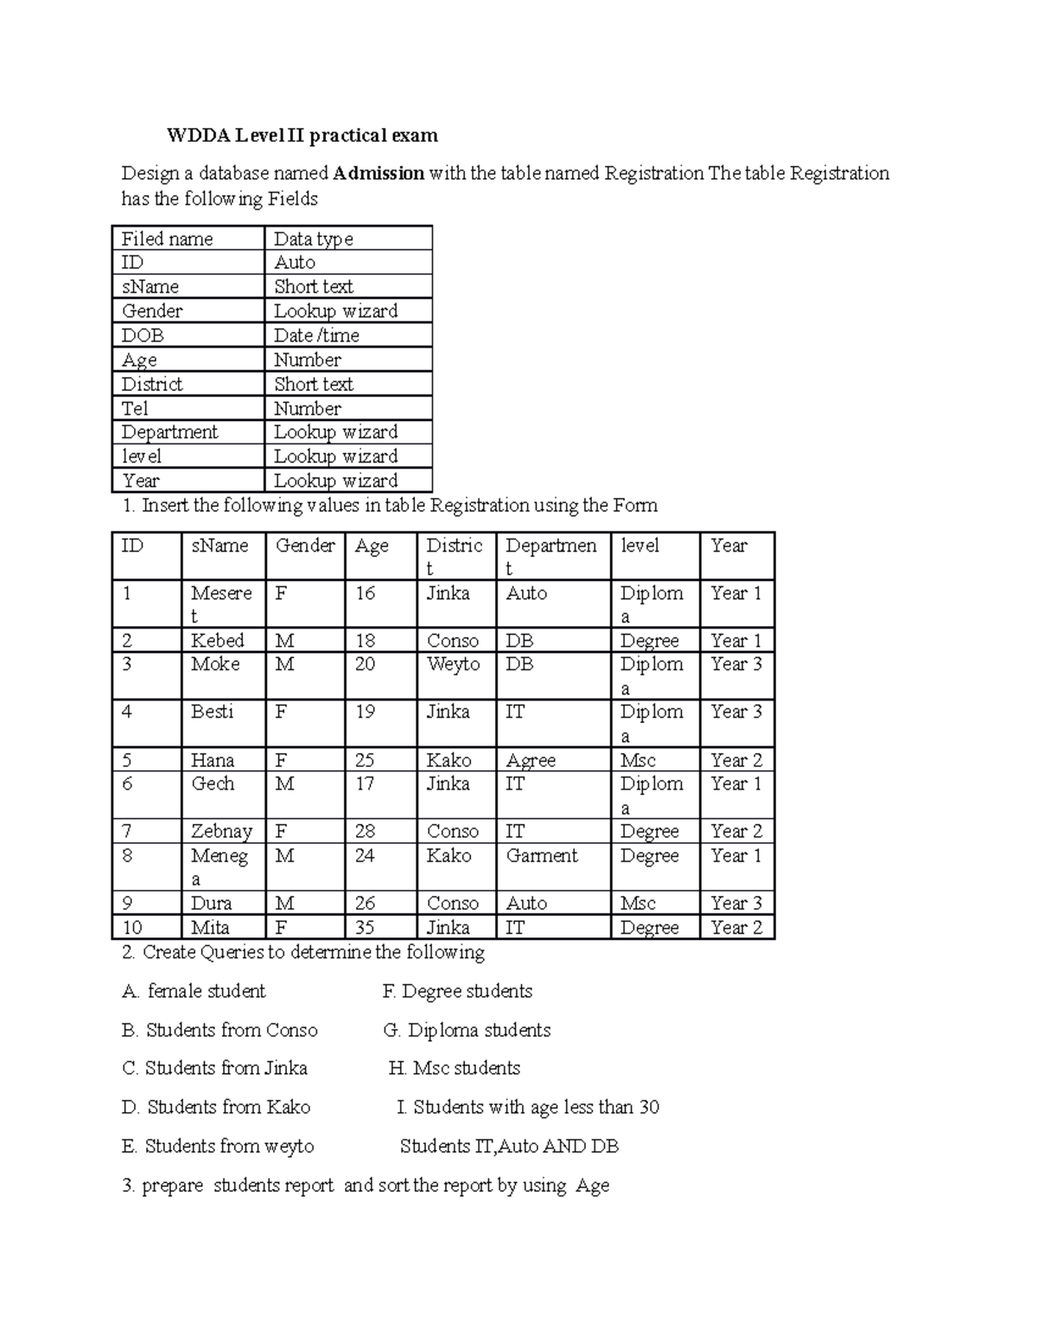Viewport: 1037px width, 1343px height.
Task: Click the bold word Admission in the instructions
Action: pos(379,173)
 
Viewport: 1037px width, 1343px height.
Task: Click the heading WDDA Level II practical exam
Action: pos(302,136)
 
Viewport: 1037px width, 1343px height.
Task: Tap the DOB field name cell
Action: pos(143,336)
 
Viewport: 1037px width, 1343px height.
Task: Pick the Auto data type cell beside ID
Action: pos(295,263)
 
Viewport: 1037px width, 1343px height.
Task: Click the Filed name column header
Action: pos(167,239)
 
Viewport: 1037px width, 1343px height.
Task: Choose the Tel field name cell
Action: pos(135,408)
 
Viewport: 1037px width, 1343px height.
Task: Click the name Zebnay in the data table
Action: pos(221,831)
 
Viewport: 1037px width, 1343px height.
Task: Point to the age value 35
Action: pos(365,928)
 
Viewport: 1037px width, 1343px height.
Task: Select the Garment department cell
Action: pos(542,855)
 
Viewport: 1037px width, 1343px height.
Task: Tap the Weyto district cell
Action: pos(453,664)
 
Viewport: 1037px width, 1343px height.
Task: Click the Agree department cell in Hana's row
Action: pos(531,760)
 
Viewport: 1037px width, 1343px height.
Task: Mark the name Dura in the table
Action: pos(212,903)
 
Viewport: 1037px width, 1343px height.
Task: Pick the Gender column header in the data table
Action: pos(305,546)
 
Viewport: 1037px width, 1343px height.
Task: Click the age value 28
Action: pos(365,831)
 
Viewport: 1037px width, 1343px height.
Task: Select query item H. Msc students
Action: pos(455,1068)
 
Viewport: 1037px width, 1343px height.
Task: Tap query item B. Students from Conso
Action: pos(220,1030)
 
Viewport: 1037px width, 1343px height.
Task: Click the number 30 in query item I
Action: pos(649,1107)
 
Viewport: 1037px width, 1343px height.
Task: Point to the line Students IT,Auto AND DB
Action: pos(509,1146)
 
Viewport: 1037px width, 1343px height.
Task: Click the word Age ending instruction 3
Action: pos(592,1186)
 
